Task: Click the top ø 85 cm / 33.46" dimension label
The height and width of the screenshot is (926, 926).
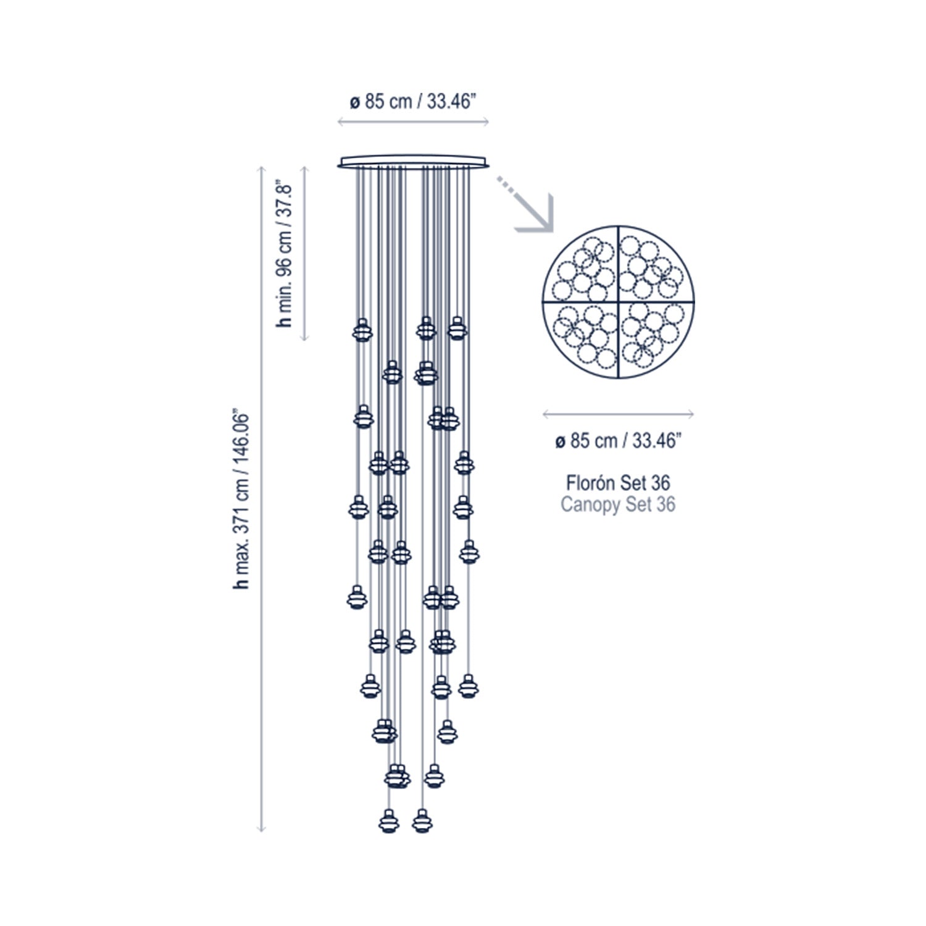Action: pyautogui.click(x=413, y=101)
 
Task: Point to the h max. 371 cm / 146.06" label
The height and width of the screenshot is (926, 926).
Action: pyautogui.click(x=241, y=498)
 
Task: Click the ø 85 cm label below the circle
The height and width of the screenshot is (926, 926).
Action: pyautogui.click(x=619, y=441)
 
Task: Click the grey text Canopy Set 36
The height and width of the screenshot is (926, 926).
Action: pyautogui.click(x=618, y=504)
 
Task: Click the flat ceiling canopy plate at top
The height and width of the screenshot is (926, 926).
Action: pyautogui.click(x=414, y=162)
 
